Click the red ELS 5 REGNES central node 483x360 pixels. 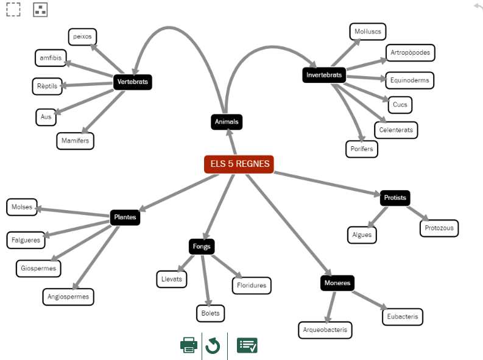[x=239, y=164]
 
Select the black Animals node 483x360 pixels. [x=227, y=122]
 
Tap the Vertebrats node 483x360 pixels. [x=133, y=82]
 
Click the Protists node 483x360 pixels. [x=395, y=198]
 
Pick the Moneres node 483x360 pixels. [x=337, y=283]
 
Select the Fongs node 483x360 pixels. [x=202, y=247]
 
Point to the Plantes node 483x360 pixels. [x=125, y=217]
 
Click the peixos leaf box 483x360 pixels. [x=83, y=37]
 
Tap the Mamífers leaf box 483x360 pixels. [x=76, y=141]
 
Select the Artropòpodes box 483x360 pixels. [x=411, y=52]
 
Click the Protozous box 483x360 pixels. [x=439, y=228]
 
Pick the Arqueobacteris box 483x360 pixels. [x=325, y=330]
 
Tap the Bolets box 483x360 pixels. [x=210, y=314]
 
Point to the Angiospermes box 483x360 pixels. [x=68, y=297]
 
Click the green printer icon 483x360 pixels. [x=189, y=345]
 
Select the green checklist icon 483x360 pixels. [x=247, y=345]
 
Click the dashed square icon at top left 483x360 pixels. [x=13, y=9]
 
